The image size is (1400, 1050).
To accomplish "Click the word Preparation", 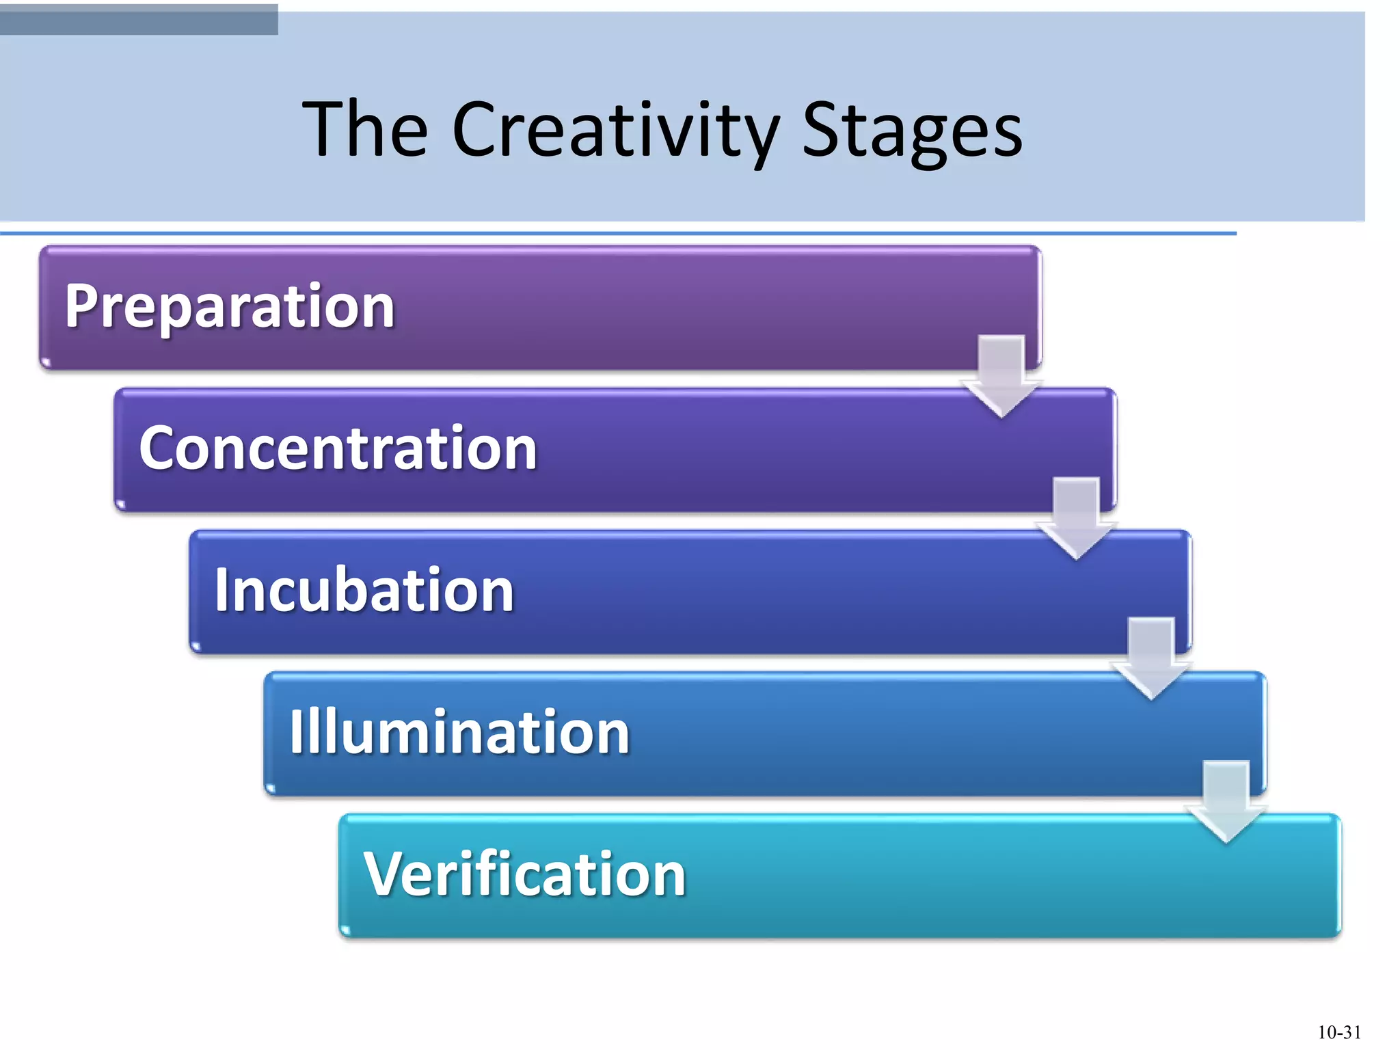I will (230, 307).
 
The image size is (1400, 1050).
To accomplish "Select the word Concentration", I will (338, 448).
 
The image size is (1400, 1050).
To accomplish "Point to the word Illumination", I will (459, 732).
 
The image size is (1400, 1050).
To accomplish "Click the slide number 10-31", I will (1338, 1032).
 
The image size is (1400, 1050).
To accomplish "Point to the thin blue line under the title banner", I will (615, 234).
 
